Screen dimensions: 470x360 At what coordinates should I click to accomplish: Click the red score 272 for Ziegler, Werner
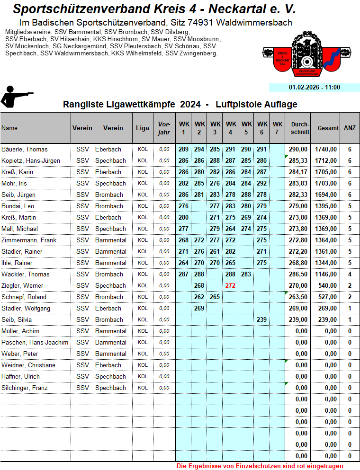coord(230,285)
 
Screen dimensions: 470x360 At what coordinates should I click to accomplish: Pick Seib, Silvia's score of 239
coord(261,319)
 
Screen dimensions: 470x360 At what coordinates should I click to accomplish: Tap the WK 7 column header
coord(277,128)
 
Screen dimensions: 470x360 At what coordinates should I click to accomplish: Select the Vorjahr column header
coord(164,128)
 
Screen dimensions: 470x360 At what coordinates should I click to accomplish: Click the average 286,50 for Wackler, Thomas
coord(298,274)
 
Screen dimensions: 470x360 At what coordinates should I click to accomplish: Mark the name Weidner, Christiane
coord(28,365)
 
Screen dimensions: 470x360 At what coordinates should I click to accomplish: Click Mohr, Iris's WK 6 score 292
coord(261,183)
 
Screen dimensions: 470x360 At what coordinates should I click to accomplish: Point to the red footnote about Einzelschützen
coord(260,466)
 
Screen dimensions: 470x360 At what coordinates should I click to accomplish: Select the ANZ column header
coord(350,128)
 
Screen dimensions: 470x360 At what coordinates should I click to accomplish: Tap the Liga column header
coord(142,128)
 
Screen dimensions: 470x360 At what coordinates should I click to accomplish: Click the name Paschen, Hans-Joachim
coord(35,342)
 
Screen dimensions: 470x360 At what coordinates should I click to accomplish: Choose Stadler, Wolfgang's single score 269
coord(199,308)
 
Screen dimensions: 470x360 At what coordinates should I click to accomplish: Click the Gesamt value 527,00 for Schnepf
coord(327,297)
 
